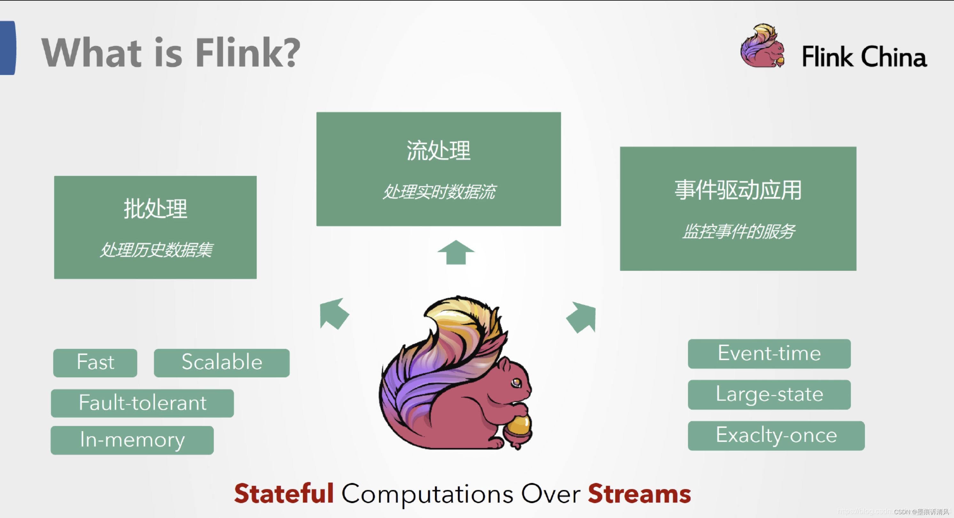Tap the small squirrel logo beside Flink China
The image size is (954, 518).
pos(762,46)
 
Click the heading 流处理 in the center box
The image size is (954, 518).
pos(439,150)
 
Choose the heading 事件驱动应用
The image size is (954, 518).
pos(738,190)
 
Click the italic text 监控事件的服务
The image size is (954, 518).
pos(738,232)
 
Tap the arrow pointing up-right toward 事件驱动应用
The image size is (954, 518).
pos(582,317)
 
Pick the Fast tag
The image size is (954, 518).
pos(95,363)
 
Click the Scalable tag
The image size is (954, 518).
pos(222,363)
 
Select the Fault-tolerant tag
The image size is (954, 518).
pos(142,403)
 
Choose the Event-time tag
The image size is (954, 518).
pos(769,354)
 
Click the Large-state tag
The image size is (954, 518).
pos(769,394)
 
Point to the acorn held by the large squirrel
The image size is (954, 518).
pos(519,430)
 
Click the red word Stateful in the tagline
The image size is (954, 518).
pos(284,494)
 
